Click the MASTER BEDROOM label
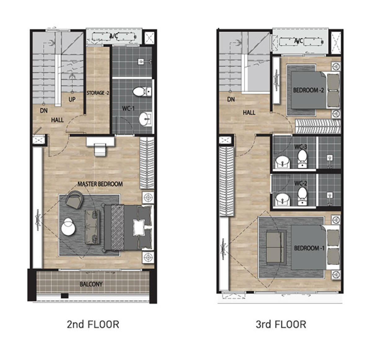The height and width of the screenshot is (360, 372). tap(100, 184)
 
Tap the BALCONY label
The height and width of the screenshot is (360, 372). tap(91, 284)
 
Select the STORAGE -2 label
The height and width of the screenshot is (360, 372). tap(98, 93)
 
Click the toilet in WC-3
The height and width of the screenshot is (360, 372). tap(302, 158)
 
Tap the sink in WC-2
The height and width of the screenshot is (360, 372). tap(282, 199)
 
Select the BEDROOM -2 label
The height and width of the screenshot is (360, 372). tap(308, 90)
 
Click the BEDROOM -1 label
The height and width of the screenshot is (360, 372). tap(309, 248)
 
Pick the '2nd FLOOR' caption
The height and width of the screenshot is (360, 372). tap(93, 324)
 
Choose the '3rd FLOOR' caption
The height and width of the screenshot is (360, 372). tap(281, 324)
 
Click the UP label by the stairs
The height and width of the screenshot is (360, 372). tap(72, 100)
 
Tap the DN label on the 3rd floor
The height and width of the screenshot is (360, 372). tap(231, 99)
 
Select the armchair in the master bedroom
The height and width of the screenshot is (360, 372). tap(74, 199)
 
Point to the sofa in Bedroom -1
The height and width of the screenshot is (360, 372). tap(276, 247)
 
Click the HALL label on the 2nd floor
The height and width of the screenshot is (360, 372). tap(57, 120)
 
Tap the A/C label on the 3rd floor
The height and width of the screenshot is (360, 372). tap(299, 41)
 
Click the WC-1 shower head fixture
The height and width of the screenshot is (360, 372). tap(141, 62)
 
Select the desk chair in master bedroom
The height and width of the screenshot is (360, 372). tap(100, 150)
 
